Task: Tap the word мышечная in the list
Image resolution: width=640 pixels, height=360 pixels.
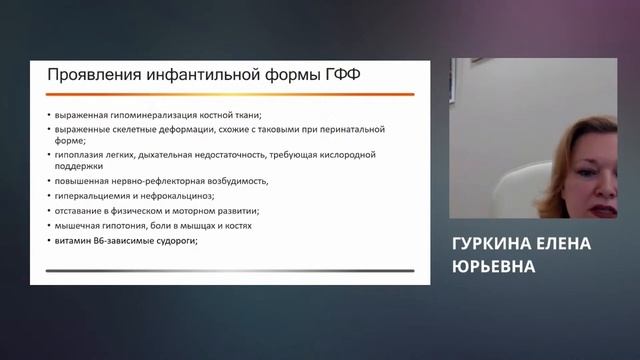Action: tap(78, 226)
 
